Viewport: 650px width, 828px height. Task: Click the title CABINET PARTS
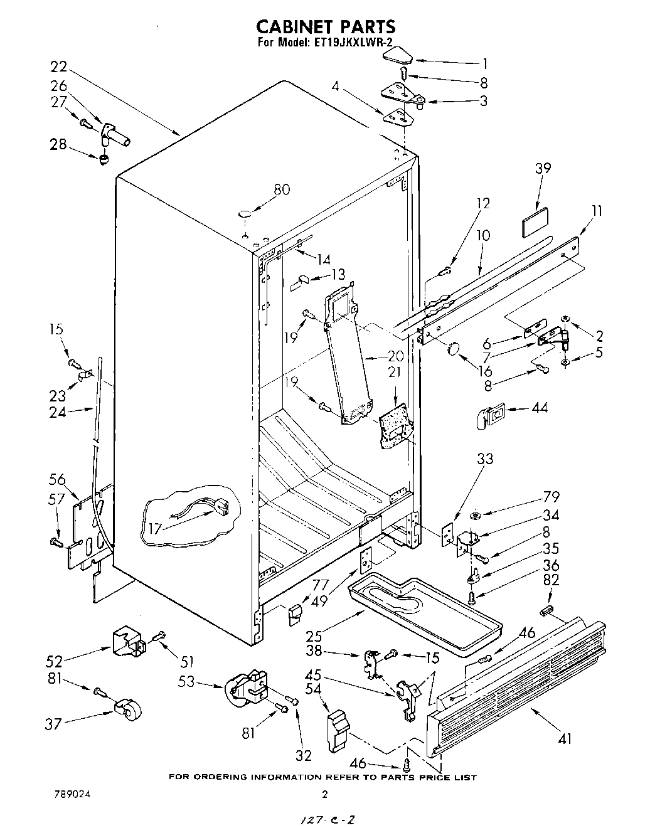pyautogui.click(x=325, y=26)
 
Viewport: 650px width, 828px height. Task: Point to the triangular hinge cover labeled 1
pyautogui.click(x=397, y=58)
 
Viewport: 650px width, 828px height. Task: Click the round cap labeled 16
pyautogui.click(x=454, y=348)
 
